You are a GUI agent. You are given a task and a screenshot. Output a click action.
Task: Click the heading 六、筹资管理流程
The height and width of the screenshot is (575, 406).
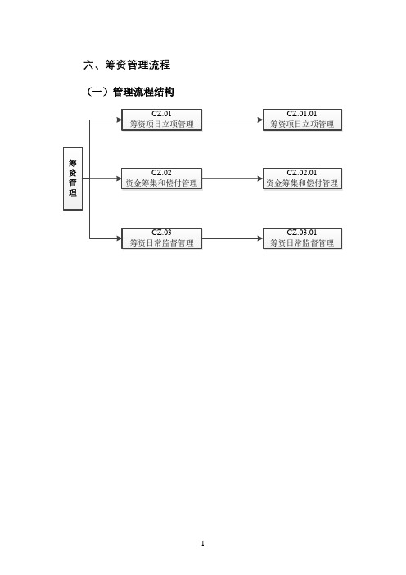(127, 65)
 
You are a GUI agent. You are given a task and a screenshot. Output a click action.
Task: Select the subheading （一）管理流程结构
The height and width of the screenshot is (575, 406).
(129, 92)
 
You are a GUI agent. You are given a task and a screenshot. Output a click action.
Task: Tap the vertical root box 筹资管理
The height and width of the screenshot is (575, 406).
(73, 179)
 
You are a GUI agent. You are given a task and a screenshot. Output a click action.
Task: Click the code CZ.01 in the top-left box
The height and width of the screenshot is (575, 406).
(161, 114)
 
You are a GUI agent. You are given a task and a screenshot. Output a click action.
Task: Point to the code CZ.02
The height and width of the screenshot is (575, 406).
(161, 173)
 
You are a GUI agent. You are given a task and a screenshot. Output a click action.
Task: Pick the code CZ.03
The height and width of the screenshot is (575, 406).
(161, 233)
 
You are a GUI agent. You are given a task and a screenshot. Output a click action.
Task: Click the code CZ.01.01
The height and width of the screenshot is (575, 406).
(302, 114)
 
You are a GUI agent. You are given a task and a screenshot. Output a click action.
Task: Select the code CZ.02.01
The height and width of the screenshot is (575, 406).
(302, 173)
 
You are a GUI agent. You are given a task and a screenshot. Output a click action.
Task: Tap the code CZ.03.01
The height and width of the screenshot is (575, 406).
(302, 233)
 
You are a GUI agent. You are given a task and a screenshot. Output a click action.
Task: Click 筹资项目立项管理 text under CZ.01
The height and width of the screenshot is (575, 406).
(161, 125)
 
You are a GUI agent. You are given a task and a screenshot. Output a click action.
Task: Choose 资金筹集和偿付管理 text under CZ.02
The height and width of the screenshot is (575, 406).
(161, 183)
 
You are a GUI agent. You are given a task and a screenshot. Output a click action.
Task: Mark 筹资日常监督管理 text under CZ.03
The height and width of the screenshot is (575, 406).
(161, 242)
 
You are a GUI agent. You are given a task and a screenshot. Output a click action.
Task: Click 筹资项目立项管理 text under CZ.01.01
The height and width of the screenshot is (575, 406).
(302, 125)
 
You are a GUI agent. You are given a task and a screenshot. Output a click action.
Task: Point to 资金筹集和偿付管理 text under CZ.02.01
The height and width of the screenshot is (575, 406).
(302, 183)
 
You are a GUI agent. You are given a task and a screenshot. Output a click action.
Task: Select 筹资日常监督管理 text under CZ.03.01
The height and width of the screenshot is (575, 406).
(302, 242)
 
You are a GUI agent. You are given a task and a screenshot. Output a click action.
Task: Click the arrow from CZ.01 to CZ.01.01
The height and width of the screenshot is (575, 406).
(232, 120)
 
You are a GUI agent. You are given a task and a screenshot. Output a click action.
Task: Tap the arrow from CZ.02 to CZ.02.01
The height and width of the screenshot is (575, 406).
(232, 179)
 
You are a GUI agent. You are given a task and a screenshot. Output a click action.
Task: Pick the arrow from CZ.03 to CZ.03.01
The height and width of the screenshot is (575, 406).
(232, 238)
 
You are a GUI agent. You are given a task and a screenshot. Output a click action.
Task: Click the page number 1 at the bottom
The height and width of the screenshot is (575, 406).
(203, 543)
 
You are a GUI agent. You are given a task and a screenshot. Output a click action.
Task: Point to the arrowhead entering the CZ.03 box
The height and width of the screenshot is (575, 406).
(119, 238)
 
